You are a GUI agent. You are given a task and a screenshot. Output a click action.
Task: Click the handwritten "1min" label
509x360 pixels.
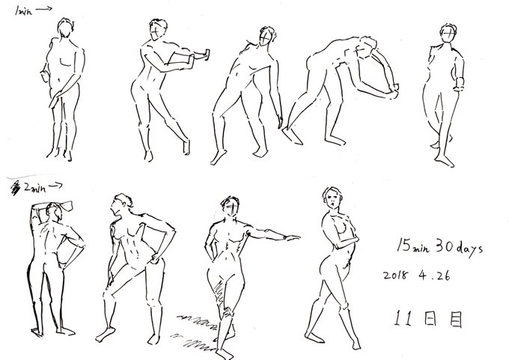click(23, 11)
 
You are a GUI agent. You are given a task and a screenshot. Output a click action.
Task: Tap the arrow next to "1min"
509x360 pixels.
click(44, 9)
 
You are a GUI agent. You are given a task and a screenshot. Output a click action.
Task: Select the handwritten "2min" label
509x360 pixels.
click(35, 188)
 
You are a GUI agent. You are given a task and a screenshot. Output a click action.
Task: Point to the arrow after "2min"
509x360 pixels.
click(55, 186)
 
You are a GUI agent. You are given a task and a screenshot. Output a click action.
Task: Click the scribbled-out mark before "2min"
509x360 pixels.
click(15, 189)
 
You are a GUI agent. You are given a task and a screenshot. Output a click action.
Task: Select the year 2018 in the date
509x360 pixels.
click(395, 275)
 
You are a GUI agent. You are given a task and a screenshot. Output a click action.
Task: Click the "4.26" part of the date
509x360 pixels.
click(434, 275)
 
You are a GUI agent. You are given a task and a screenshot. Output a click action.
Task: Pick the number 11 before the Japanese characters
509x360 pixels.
click(403, 318)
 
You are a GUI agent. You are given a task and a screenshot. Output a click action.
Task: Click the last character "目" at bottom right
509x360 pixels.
click(456, 319)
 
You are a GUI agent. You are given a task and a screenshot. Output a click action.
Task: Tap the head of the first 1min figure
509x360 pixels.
click(65, 27)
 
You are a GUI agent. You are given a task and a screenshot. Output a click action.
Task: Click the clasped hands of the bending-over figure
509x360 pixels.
click(394, 91)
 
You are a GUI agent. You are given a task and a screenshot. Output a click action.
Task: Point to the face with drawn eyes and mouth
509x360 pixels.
click(332, 198)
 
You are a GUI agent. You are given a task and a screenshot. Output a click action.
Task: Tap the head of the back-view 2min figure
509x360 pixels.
click(54, 212)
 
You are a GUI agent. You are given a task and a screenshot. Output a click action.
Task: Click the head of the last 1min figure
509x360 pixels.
click(448, 33)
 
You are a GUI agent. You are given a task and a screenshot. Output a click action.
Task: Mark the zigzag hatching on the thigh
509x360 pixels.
click(219, 292)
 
